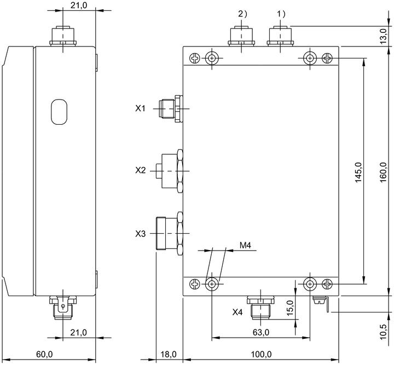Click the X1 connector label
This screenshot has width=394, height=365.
click(x=140, y=108)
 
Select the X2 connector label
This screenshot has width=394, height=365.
click(x=140, y=171)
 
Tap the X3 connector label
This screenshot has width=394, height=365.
click(x=140, y=234)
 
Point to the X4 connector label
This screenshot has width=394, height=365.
click(x=237, y=312)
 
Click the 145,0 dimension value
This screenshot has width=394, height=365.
click(x=358, y=172)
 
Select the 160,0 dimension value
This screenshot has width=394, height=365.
click(x=384, y=172)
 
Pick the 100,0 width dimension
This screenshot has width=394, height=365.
click(x=262, y=355)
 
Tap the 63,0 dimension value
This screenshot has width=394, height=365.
click(x=261, y=333)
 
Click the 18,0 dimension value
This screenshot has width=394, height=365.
click(x=169, y=355)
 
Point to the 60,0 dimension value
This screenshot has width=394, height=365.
click(x=44, y=355)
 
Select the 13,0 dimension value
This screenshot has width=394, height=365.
click(x=384, y=37)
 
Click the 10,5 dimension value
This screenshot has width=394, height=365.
click(x=384, y=332)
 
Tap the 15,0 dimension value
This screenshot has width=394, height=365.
click(x=290, y=308)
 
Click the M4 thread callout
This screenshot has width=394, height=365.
click(x=245, y=245)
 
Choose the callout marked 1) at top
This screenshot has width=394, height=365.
click(x=281, y=14)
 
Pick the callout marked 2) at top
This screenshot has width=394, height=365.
click(x=242, y=14)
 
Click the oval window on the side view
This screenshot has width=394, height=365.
click(x=59, y=112)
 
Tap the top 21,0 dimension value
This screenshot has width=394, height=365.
click(x=79, y=5)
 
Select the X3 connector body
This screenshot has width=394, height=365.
click(x=170, y=234)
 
